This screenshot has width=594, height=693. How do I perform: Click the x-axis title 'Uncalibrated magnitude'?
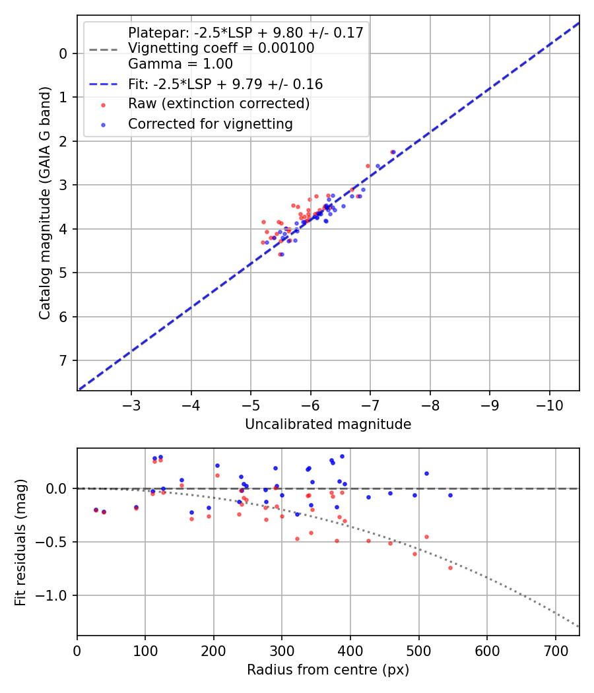328,424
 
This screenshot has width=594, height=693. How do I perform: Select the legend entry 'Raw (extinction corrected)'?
218,104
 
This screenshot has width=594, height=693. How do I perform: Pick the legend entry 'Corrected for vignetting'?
210,123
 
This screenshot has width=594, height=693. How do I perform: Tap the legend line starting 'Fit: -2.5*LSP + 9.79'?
225,84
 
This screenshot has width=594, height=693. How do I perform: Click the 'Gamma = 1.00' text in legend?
180,64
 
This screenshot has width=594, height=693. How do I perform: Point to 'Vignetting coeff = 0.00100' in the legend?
221,48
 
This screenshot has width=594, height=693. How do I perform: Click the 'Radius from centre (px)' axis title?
328,670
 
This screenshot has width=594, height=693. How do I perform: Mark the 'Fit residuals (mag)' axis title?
20,543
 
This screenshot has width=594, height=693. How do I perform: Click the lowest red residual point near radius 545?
450,568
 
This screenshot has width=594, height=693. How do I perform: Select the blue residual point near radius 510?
426,473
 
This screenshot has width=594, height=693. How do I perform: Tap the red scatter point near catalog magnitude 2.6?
368,166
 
